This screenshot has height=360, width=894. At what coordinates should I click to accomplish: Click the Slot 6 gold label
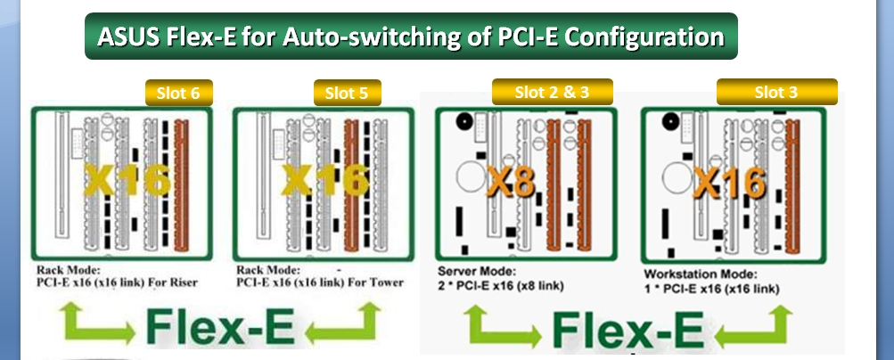(x=178, y=93)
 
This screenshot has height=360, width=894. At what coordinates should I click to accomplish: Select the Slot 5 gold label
(x=347, y=93)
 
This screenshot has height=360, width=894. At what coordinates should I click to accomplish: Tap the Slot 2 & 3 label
(x=552, y=91)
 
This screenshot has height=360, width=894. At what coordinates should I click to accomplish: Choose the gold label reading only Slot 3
(x=776, y=91)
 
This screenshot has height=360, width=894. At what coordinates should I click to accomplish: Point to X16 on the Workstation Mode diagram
(x=729, y=183)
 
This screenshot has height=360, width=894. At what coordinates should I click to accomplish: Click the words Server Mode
(x=473, y=271)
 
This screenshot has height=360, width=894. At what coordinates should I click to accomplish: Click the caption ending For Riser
(x=117, y=282)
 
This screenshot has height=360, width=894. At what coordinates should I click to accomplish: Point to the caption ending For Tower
(x=320, y=282)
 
